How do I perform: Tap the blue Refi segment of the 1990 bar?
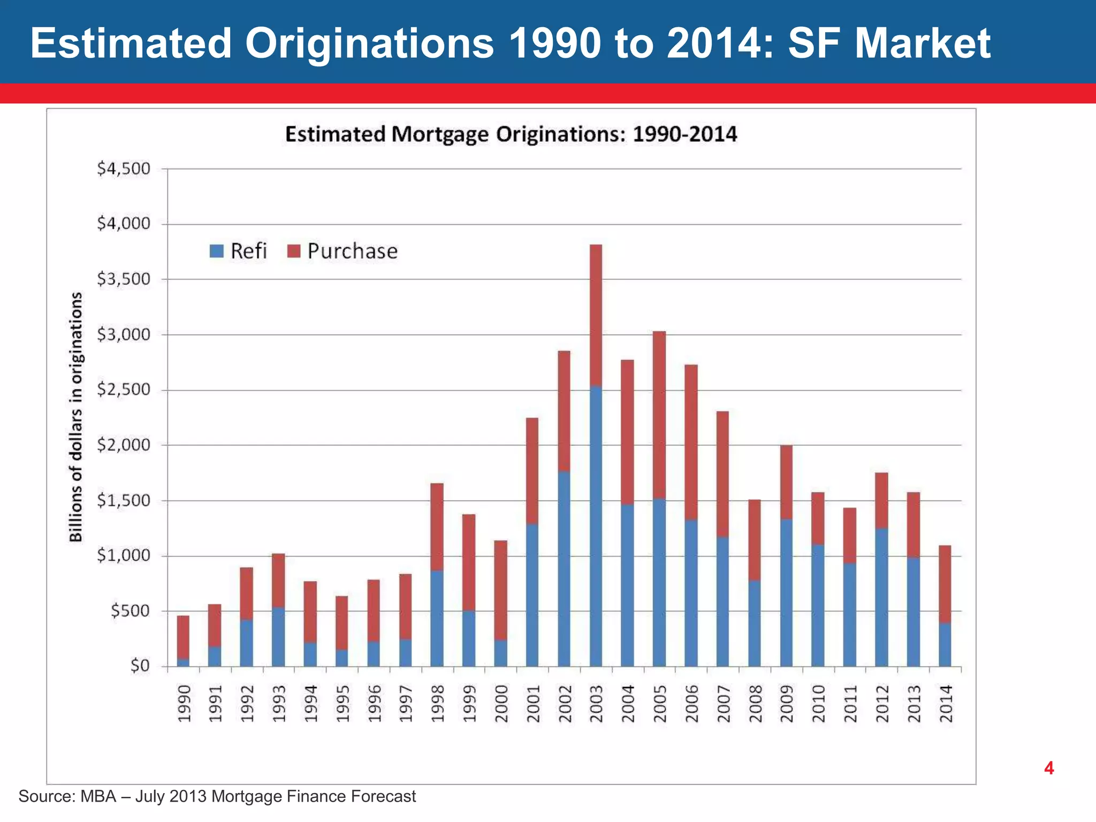pyautogui.click(x=183, y=663)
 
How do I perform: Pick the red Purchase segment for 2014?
pyautogui.click(x=945, y=583)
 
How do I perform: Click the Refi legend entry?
pyautogui.click(x=238, y=251)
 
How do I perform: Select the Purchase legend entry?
pyautogui.click(x=342, y=251)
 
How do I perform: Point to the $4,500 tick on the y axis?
pyautogui.click(x=124, y=169)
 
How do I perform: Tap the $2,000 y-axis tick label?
pyautogui.click(x=124, y=445)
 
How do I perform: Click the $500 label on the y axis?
pyautogui.click(x=130, y=611)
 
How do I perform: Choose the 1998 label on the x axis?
pyautogui.click(x=437, y=704)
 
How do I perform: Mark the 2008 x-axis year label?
pyautogui.click(x=755, y=704)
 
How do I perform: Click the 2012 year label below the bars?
pyautogui.click(x=881, y=704)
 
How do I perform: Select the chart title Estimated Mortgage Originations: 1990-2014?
pyautogui.click(x=511, y=134)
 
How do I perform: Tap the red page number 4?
pyautogui.click(x=1049, y=768)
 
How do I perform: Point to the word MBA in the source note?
pyautogui.click(x=98, y=796)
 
